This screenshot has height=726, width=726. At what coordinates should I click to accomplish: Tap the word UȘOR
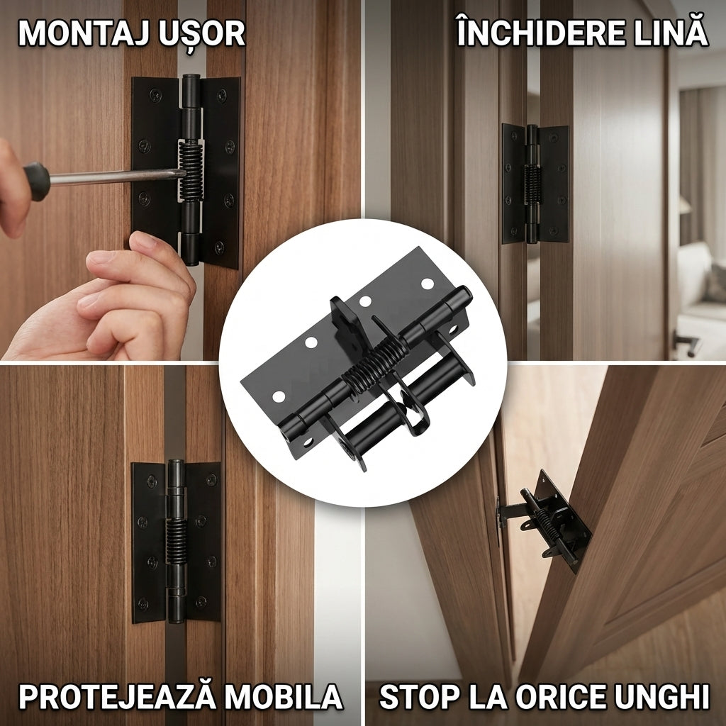[201, 34]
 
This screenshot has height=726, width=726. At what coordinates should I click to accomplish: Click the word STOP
[420, 696]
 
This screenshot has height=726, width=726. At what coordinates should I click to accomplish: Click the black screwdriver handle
[37, 181]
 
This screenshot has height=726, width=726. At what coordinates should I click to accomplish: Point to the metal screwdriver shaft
[116, 176]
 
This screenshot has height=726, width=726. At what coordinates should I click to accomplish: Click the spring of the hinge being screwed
[191, 170]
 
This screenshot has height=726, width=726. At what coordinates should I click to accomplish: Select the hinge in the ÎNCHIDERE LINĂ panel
[535, 184]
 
